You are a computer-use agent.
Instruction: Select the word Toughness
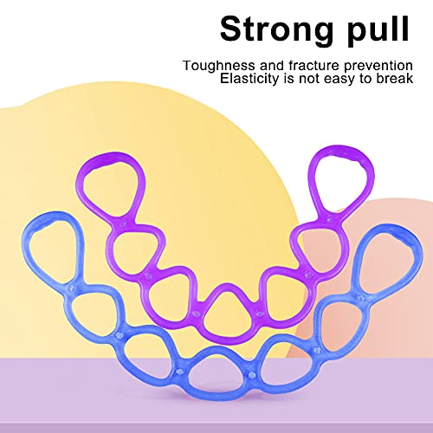[x=219, y=66]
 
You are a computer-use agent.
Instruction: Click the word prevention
[x=378, y=66]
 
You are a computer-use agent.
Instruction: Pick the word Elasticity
[x=249, y=79]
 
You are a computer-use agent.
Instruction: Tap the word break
[x=395, y=78]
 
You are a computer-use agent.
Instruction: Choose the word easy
[x=340, y=80]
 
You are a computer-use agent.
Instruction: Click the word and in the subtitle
[x=272, y=66]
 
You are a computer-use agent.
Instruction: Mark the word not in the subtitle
[x=309, y=79]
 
